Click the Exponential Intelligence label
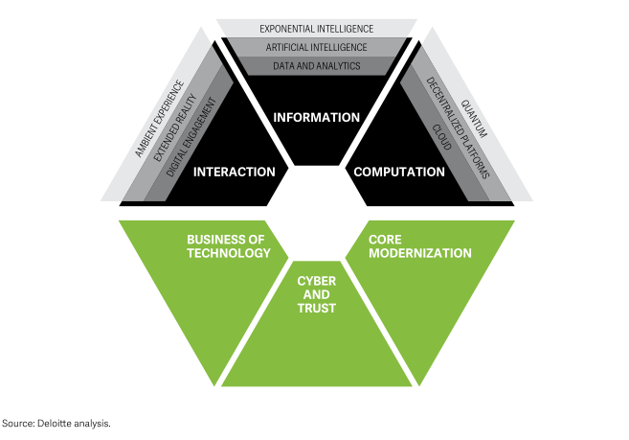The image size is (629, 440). (316, 29)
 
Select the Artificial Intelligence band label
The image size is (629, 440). (316, 47)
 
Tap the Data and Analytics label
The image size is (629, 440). (316, 66)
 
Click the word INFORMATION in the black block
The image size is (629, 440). (316, 117)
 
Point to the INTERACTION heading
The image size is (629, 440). (235, 172)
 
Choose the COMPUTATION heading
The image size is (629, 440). (399, 172)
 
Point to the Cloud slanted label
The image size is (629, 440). (441, 141)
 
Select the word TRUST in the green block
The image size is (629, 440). (316, 309)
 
